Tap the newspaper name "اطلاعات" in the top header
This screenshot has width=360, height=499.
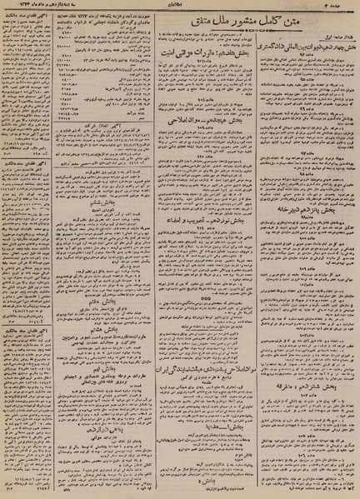pos(180,7)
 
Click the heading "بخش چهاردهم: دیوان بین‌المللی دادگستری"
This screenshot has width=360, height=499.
pos(299,59)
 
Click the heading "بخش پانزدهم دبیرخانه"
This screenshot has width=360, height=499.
pos(299,199)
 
